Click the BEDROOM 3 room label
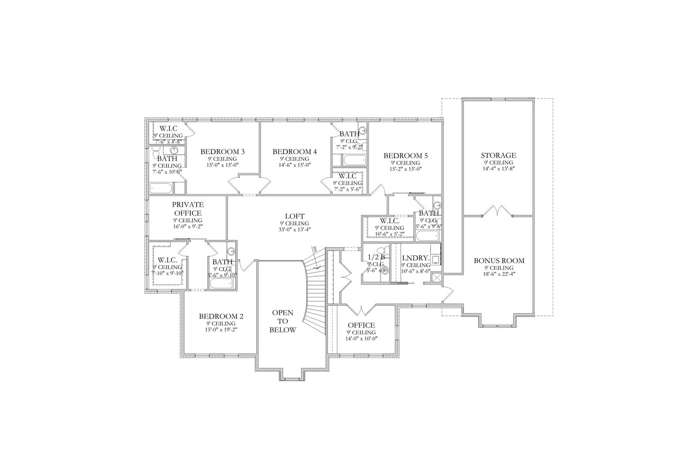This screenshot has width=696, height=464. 222,152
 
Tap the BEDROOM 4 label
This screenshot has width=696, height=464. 295,152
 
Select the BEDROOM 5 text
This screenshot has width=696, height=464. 405,156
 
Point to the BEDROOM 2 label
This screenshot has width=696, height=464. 221,316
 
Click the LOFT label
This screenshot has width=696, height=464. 295,216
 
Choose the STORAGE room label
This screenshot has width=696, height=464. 498,156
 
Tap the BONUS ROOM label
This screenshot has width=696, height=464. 499,260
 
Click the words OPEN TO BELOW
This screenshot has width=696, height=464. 283,321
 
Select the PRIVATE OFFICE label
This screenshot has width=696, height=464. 188,208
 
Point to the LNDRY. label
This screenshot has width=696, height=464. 415,258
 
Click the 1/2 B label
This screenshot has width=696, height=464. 376,257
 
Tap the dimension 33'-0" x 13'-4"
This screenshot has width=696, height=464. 295,229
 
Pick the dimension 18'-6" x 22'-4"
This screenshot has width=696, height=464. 499,274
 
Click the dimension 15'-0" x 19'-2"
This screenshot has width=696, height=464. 221,331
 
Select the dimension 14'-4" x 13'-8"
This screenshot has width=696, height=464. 498,169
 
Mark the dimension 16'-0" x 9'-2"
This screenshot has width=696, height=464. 188,226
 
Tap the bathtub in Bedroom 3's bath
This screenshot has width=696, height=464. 161,188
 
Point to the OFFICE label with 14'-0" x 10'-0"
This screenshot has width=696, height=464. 361,325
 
